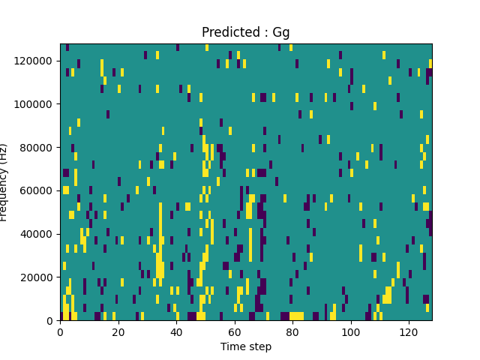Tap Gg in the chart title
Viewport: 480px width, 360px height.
point(281,33)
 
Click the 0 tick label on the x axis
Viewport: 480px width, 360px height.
point(60,331)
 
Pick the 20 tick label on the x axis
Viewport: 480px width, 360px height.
point(118,331)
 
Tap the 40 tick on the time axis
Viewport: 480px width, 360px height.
point(176,331)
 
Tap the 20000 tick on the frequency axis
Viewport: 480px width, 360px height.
point(38,277)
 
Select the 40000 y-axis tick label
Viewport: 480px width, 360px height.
point(38,234)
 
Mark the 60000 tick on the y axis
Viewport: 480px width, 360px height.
point(38,190)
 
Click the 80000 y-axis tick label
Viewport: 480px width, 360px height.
point(38,147)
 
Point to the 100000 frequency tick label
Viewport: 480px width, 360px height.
point(36,103)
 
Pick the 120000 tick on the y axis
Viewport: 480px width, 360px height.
point(36,60)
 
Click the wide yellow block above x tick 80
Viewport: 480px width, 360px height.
point(296,316)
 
